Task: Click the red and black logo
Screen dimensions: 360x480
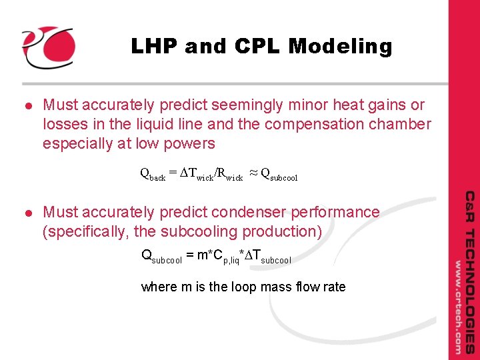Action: point(47,47)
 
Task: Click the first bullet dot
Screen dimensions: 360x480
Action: point(27,105)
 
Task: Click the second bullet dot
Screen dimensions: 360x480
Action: point(27,213)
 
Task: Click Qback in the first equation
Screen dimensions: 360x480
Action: point(153,175)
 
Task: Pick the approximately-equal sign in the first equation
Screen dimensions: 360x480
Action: point(253,173)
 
